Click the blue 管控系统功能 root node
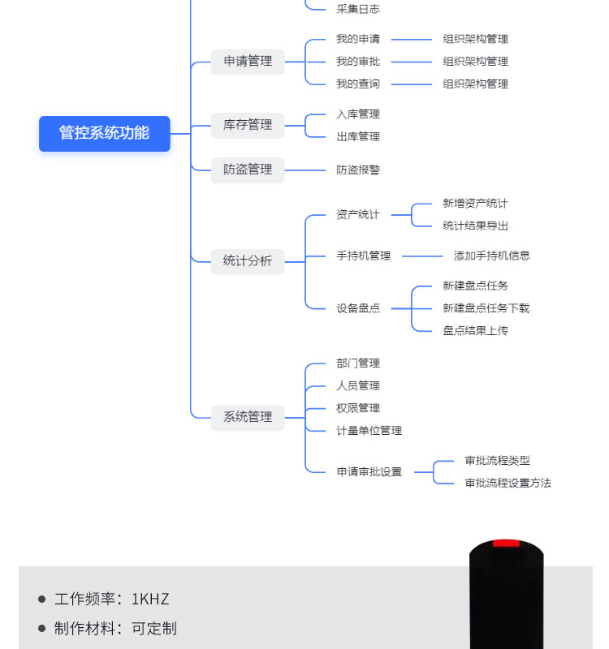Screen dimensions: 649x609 [x=105, y=133]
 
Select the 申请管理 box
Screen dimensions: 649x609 [x=248, y=61]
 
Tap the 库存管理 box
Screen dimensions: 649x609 [x=248, y=125]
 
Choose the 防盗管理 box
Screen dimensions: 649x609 [x=248, y=170]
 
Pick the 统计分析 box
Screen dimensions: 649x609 [x=248, y=261]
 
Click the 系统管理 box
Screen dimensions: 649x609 [x=248, y=417]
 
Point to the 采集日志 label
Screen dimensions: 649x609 [x=358, y=9]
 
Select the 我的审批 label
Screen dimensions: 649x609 [x=358, y=62]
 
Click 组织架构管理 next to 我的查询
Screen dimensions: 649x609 [x=476, y=84]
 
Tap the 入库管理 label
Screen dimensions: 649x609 [x=358, y=114]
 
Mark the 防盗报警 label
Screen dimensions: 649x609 [x=358, y=170]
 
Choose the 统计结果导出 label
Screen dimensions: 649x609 [x=476, y=226]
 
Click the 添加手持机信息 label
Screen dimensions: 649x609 [x=492, y=256]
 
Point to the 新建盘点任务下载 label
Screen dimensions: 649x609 [x=486, y=308]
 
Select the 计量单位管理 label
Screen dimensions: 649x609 [x=369, y=431]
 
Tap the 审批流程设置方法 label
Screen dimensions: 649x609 [x=508, y=484]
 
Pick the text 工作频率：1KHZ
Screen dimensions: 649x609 [x=112, y=600]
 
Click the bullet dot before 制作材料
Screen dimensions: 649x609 [x=42, y=629]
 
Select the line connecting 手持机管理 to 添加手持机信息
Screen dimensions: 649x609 [x=422, y=256]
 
